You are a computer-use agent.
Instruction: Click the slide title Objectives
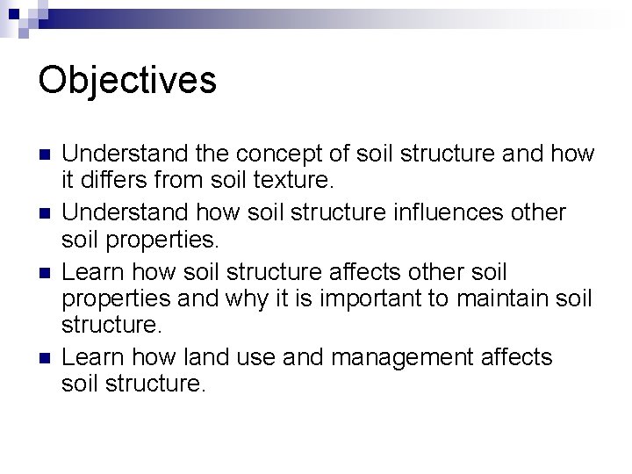127,80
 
